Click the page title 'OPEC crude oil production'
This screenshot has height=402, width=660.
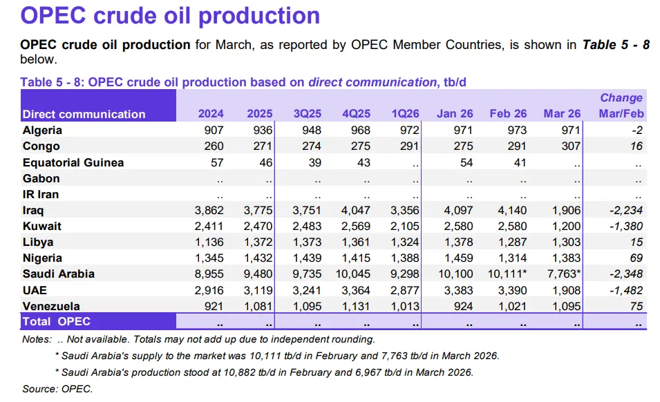[x=170, y=16]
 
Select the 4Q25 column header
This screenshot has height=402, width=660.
[x=357, y=114]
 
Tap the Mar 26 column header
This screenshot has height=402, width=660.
[x=563, y=114]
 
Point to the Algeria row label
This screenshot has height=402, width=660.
[x=42, y=131]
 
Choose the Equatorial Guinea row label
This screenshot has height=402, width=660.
[x=73, y=162]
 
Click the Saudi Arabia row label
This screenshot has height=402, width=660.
[x=59, y=274]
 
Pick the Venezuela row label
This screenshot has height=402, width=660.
[x=51, y=306]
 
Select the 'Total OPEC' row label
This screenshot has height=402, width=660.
[x=57, y=322]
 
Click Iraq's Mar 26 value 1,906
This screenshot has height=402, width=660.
[x=567, y=210]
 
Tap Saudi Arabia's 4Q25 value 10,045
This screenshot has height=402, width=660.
[x=354, y=274]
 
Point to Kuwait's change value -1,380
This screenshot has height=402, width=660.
[x=624, y=226]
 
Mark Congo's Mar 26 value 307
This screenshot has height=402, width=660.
[x=571, y=146]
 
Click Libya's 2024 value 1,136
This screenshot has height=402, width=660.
[x=208, y=242]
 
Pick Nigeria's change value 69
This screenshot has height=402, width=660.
[x=636, y=258]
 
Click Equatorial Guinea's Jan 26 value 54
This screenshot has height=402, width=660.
[x=466, y=162]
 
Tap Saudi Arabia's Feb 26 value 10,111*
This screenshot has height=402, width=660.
[x=509, y=274]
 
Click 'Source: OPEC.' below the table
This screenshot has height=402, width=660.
[x=57, y=389]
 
